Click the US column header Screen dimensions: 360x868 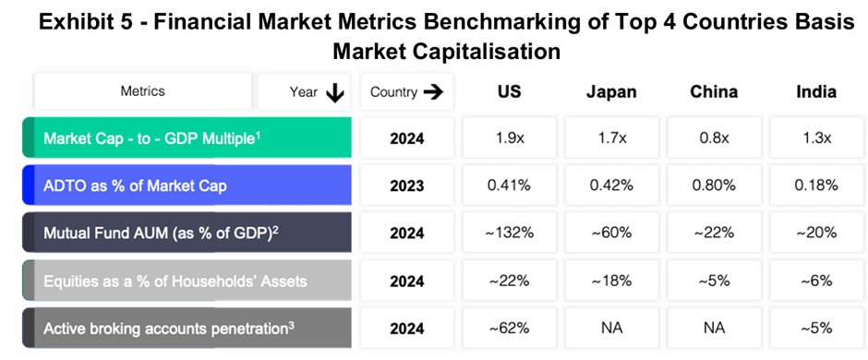click(509, 91)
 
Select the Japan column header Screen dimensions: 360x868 click(610, 91)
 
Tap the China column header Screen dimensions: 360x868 click(714, 91)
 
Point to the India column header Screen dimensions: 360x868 click(815, 91)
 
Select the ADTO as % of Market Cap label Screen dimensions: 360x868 click(135, 186)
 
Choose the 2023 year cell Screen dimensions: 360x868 click(406, 186)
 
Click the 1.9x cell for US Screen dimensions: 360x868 click(509, 138)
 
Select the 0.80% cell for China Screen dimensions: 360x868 click(714, 186)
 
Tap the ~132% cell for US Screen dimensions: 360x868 click(509, 233)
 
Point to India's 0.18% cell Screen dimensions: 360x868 click(815, 186)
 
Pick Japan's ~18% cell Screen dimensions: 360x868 click(610, 280)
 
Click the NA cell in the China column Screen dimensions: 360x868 click(714, 327)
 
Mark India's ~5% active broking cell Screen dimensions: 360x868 click(815, 327)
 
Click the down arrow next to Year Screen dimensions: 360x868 click(334, 92)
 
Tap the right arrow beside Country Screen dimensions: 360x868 click(433, 92)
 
